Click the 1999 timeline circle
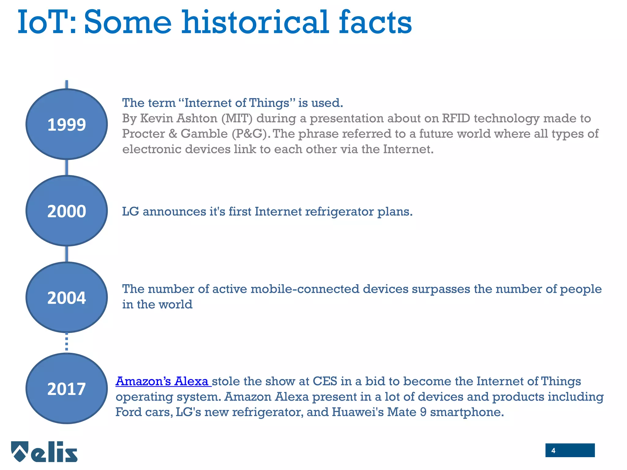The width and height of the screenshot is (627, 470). [66, 124]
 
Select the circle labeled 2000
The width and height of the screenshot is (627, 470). [66, 211]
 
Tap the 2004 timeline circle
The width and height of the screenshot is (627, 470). [66, 297]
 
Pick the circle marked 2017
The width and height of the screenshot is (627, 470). [66, 388]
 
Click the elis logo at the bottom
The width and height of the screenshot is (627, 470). [45, 452]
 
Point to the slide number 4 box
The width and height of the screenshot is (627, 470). [570, 450]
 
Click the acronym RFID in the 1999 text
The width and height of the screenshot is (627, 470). [456, 118]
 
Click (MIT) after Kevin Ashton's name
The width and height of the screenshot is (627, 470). [237, 118]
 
